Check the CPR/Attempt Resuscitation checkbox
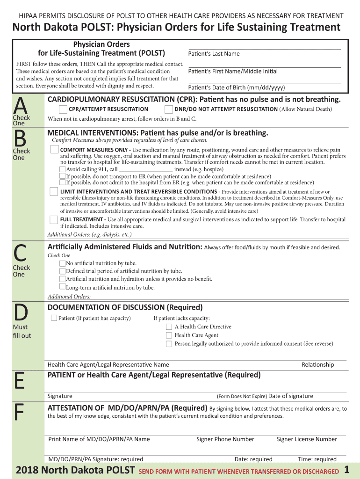click(x=63, y=109)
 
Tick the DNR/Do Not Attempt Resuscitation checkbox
click(x=168, y=109)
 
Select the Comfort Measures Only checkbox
click(x=55, y=149)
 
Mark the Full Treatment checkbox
click(x=55, y=219)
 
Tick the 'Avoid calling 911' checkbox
click(x=63, y=169)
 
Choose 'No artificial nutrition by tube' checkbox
click(x=62, y=263)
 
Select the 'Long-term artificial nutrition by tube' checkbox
click(x=62, y=287)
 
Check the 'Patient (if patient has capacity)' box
click(x=54, y=318)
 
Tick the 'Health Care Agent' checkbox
click(x=169, y=335)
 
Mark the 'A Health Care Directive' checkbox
click(x=169, y=327)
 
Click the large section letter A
click(x=20, y=104)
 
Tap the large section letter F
click(x=19, y=412)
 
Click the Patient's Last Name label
click(x=214, y=54)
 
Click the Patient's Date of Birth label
click(x=236, y=88)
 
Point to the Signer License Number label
click(x=307, y=439)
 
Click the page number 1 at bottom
click(x=346, y=470)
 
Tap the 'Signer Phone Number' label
click(x=225, y=439)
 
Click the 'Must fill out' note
click(x=22, y=331)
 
